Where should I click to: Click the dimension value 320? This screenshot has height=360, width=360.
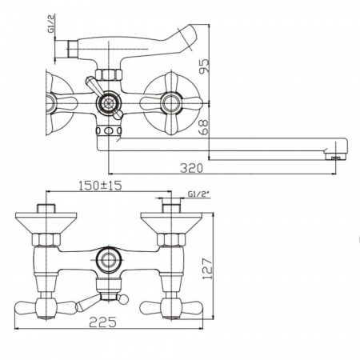190,169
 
